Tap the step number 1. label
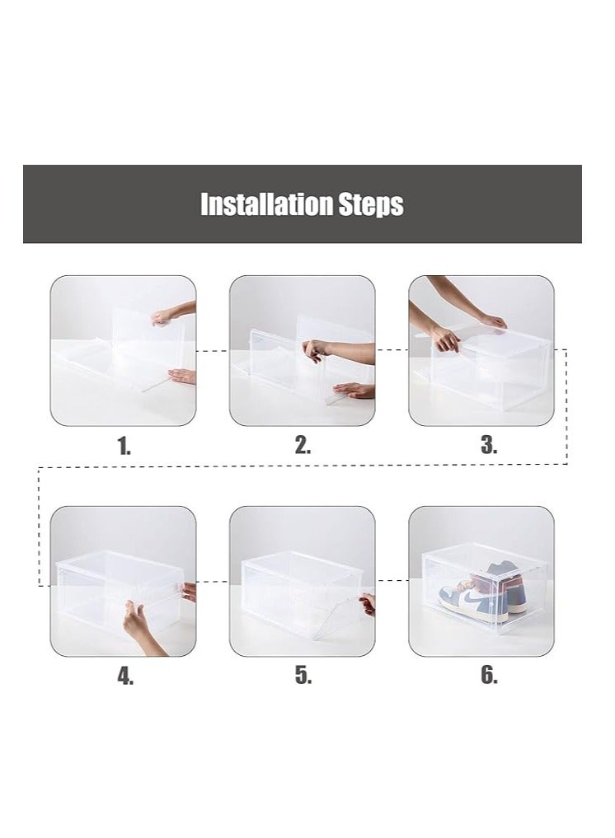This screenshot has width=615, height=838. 124,447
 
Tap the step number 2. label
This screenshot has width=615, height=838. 303,446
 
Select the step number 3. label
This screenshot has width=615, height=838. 489,446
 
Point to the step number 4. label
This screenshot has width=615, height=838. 124,676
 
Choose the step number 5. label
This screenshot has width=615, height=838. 303,676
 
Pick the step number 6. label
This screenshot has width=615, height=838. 489,676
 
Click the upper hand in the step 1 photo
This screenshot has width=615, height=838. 175,313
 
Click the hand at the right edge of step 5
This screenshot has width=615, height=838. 368,604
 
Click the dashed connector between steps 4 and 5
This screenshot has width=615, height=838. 213,581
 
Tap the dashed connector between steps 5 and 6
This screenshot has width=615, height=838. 392,581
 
